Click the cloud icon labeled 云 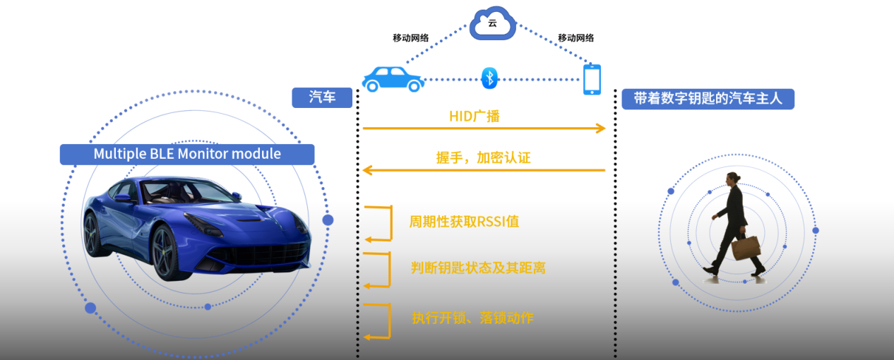click(x=492, y=23)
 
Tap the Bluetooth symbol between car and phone click(x=489, y=78)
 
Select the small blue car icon click(x=393, y=79)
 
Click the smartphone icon click(x=592, y=80)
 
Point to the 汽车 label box click(x=322, y=97)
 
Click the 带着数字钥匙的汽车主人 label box click(x=708, y=98)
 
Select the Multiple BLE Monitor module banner click(x=187, y=154)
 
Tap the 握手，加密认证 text click(x=483, y=158)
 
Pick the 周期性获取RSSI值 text click(x=464, y=222)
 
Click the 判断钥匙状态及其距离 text click(x=478, y=268)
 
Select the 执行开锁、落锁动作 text click(x=472, y=318)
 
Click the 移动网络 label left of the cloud click(x=410, y=38)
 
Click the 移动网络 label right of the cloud click(x=576, y=38)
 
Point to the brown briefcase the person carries click(x=746, y=248)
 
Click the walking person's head click(x=734, y=179)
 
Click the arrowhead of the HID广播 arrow click(x=601, y=128)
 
